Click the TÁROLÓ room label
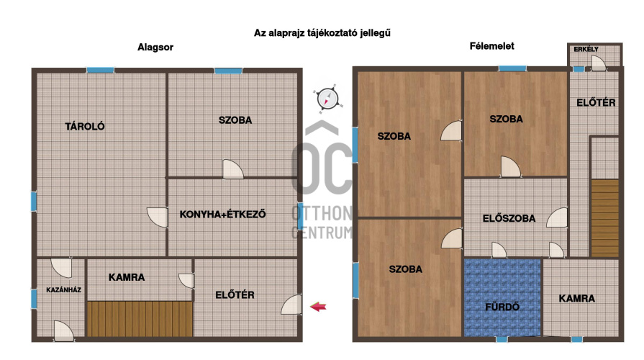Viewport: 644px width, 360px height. coord(85,126)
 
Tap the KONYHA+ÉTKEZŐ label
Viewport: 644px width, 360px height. coord(222,214)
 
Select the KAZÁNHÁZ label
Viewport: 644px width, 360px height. coord(63,289)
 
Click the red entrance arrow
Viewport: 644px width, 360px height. coord(318,307)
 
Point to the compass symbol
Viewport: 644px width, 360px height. coord(327,99)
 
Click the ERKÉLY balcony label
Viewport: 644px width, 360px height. coord(586,49)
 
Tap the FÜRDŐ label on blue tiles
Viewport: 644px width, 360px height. coord(502,307)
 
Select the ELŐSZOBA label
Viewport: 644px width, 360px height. coord(509,218)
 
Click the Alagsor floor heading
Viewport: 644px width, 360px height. coord(155,48)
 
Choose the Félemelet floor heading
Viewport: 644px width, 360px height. coord(491,46)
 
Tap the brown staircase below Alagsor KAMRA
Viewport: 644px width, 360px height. coord(140,319)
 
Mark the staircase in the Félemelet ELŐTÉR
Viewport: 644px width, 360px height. coord(605,218)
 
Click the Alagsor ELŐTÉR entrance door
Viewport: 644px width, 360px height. coord(291,305)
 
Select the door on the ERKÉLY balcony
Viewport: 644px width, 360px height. coord(599,63)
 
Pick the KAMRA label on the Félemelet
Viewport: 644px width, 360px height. coord(576,298)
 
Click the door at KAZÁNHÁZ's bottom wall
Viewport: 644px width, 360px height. coord(63,331)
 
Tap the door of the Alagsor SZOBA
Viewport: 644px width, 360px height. coord(233,169)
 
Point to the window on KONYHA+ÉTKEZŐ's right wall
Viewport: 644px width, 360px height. coord(300,215)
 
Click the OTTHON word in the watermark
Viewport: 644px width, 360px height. coord(322,214)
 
